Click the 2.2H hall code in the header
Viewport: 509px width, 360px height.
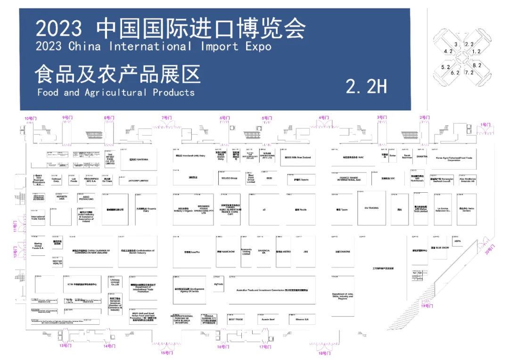[366, 86]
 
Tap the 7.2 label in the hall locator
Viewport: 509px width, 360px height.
[469, 73]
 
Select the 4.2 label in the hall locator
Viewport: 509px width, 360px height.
[448, 51]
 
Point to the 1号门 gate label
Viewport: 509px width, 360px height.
[485, 125]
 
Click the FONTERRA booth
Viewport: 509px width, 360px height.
[139, 160]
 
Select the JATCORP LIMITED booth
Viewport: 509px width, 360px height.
[138, 180]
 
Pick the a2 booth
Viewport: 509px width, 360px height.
[264, 209]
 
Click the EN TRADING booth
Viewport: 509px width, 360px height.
[371, 207]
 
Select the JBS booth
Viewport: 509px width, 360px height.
[305, 252]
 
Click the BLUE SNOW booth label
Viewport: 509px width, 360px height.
[439, 247]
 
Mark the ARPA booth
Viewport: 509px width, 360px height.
[458, 241]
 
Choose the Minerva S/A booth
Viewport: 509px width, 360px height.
[302, 319]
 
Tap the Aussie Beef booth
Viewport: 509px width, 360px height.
[268, 319]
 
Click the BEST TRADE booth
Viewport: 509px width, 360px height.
[236, 319]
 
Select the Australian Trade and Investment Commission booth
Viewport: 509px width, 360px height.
[272, 290]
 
